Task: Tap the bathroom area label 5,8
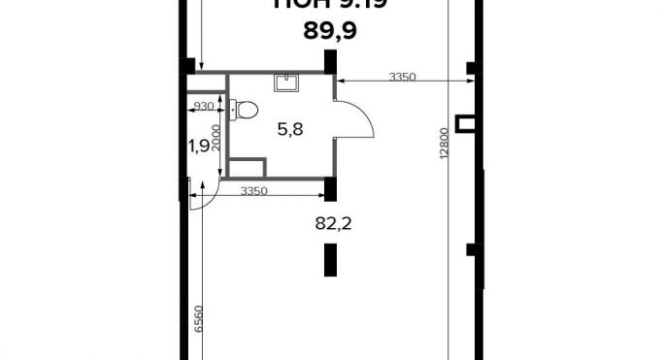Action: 291,128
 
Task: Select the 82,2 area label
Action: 333,222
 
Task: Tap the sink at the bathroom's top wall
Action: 288,82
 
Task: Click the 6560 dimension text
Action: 199,321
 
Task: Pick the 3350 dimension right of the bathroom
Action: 402,77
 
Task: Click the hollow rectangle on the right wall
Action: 468,122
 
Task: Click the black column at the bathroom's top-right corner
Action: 330,62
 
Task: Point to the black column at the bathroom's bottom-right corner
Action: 330,189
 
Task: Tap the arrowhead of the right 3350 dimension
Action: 340,82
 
